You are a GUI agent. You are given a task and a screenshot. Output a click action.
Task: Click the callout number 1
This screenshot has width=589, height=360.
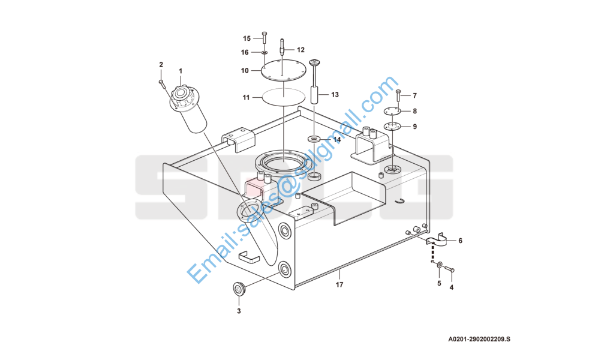click(181, 71)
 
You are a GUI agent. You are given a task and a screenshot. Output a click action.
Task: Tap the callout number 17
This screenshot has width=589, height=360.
click(339, 285)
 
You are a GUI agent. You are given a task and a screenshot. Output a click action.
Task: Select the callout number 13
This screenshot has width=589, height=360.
click(335, 95)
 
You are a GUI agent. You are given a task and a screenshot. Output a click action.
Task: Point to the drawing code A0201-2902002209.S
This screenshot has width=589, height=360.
click(479, 340)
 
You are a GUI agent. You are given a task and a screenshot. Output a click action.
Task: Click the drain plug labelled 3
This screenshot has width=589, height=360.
click(239, 289)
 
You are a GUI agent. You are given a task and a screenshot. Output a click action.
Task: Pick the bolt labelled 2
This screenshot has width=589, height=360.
click(162, 84)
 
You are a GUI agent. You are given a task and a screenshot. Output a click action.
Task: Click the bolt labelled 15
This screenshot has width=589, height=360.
click(264, 38)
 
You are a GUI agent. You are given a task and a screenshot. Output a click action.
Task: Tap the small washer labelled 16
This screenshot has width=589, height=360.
click(264, 52)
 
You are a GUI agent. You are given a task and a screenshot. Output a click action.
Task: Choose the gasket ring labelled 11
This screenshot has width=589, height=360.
click(283, 98)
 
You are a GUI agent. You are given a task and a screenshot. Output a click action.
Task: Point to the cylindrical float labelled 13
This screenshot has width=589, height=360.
click(314, 94)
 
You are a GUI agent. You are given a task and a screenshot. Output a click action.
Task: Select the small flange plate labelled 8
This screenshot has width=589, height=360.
click(392, 111)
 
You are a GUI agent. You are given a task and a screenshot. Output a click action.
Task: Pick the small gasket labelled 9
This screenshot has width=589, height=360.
click(392, 127)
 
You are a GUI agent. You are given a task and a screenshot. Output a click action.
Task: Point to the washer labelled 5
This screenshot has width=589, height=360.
click(440, 265)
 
